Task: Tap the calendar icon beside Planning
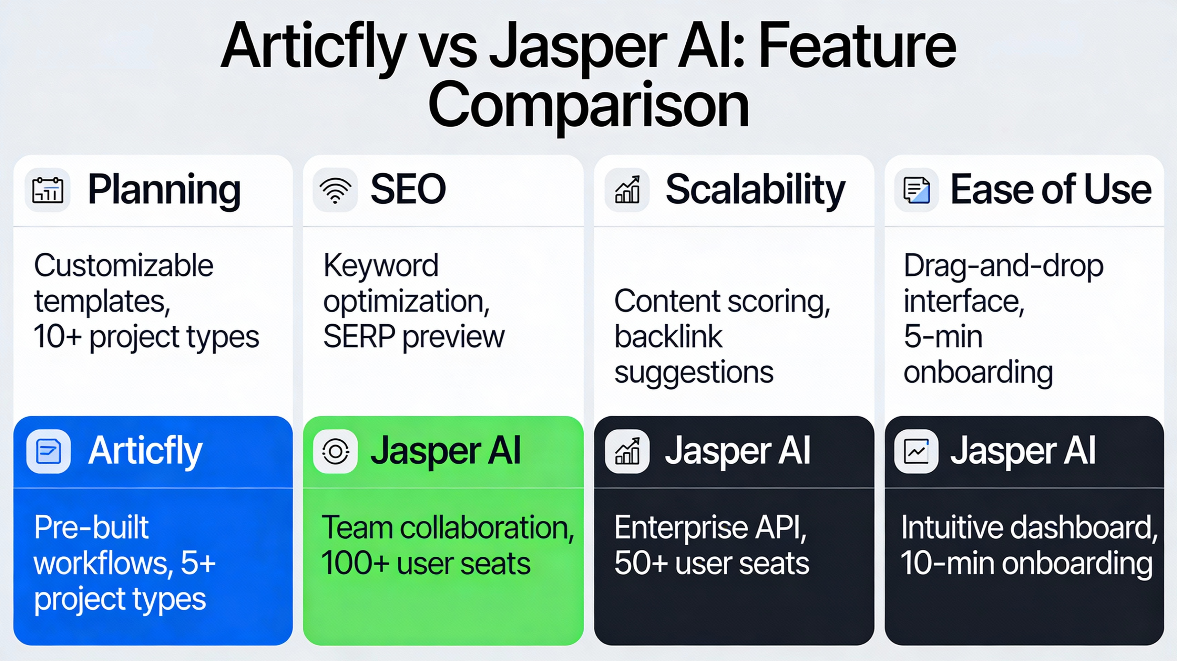tap(48, 190)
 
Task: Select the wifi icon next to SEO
tap(335, 190)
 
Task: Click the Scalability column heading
tap(755, 190)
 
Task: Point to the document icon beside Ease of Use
tap(916, 190)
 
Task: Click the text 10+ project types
tap(146, 337)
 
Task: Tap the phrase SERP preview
tap(413, 337)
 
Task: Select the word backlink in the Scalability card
tap(668, 337)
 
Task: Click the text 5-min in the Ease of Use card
tap(943, 337)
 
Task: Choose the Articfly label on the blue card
tap(145, 451)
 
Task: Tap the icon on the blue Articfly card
tap(49, 451)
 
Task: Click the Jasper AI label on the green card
tap(446, 451)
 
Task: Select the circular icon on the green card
tap(335, 451)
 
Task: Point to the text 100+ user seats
tap(426, 563)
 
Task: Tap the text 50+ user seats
tap(712, 563)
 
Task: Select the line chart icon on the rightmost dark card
tap(916, 451)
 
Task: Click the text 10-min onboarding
tap(1026, 563)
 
